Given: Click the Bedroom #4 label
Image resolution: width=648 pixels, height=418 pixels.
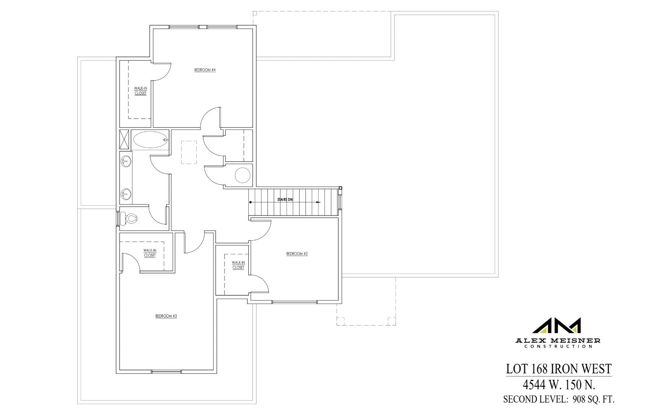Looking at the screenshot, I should pos(204,70).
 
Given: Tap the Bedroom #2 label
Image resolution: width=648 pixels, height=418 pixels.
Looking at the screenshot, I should pos(297,254).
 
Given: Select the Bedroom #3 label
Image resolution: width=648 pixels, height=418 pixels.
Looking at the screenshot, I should pos(166,316).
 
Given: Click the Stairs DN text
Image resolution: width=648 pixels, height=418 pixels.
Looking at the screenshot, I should pos(285,200).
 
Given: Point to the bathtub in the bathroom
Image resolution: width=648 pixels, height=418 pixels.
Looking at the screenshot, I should pos(150,140).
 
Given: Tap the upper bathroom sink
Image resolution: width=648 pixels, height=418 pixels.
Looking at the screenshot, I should pos(126,162).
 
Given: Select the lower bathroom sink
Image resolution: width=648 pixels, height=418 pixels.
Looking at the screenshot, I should pos(126,194).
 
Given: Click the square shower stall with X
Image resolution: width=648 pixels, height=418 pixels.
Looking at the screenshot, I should pos(124,139).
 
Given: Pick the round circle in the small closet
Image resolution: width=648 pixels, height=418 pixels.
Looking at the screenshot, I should pos(243,175).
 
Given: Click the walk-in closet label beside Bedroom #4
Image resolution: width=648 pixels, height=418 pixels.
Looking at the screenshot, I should pos(140,91).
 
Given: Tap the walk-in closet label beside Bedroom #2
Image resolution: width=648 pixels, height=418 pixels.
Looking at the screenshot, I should pos(238,265).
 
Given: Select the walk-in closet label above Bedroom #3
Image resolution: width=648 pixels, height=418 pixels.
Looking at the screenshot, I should pos(150,253).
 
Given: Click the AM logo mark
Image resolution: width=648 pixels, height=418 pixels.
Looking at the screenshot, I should pos(557,326).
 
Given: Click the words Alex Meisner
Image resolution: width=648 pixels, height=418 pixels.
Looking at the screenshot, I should pos(558,340).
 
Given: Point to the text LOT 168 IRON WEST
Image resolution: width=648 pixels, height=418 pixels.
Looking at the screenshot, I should pos(559,369).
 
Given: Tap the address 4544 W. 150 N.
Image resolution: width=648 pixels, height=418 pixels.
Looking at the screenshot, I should pos(559,384).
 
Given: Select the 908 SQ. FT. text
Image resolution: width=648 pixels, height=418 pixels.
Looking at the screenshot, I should pos(593,399).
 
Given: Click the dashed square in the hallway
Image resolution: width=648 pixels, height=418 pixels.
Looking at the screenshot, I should pos(189,152).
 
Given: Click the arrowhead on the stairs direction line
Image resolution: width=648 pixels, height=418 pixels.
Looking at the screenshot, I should pos(318,202).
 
